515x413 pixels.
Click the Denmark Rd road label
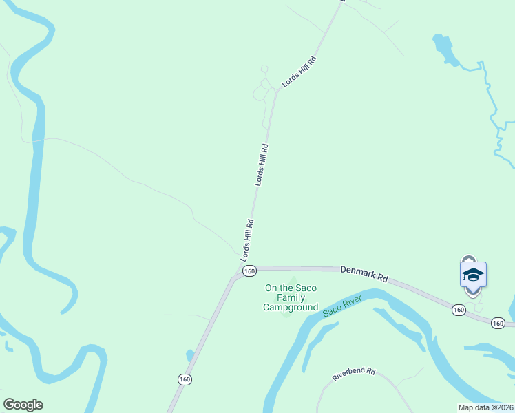click(364, 275)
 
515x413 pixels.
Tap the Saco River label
click(342, 307)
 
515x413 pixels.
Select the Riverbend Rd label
click(353, 374)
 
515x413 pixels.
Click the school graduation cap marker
click(473, 275)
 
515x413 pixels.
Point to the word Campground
click(291, 308)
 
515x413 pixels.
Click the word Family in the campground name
click(291, 298)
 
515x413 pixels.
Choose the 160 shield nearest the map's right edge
click(499, 323)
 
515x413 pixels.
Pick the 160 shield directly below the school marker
click(459, 311)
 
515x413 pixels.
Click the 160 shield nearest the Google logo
click(185, 379)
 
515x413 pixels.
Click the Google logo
click(23, 405)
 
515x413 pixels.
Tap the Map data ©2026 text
click(485, 407)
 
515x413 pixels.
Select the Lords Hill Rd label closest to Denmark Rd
click(248, 240)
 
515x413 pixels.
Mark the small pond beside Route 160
click(189, 356)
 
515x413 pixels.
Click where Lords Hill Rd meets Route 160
click(236, 272)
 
